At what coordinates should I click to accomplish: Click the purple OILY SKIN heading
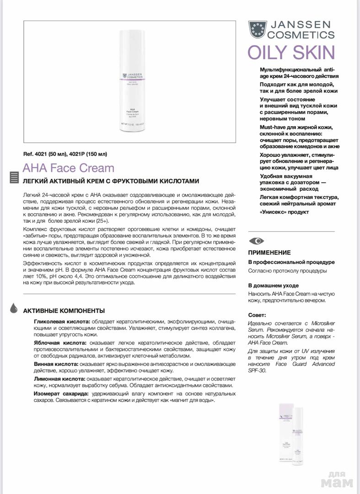tap(291, 53)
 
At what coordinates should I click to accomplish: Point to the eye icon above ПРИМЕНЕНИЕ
tap(256, 241)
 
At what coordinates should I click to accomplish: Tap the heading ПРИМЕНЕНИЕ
tap(269, 252)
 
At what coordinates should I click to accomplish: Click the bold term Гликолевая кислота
tap(62, 322)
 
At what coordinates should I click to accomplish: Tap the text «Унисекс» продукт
tap(284, 212)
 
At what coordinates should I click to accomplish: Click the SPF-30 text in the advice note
tap(257, 370)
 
